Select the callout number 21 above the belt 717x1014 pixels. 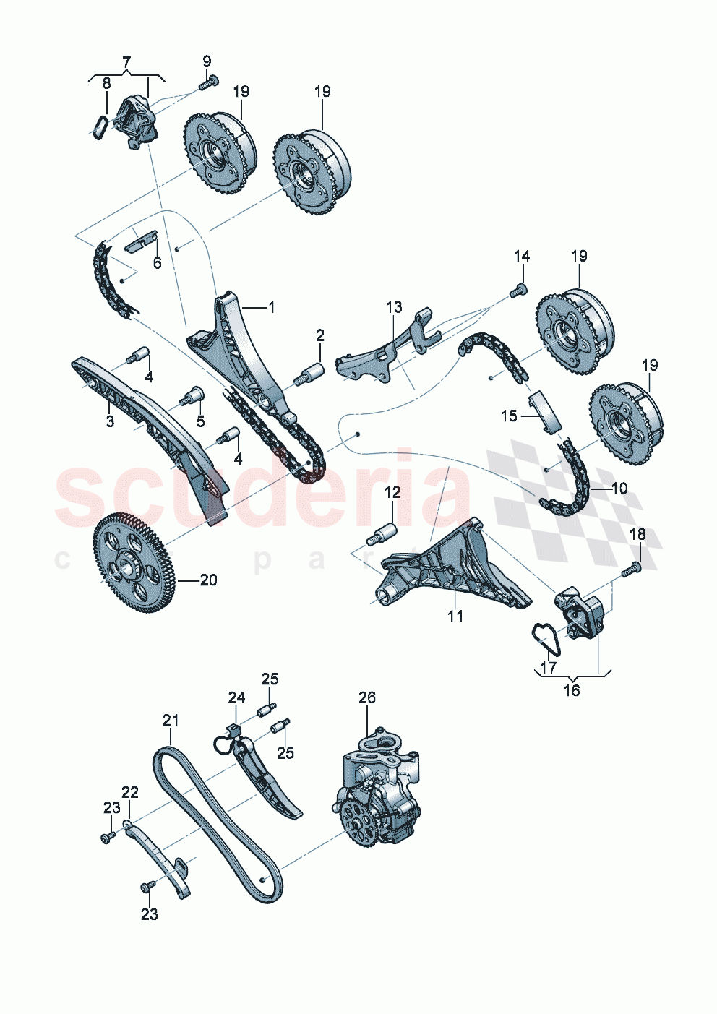point(171,721)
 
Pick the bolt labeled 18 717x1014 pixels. point(632,570)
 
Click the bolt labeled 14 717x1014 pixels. point(518,291)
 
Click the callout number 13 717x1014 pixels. point(394,307)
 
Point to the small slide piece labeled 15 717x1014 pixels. point(544,412)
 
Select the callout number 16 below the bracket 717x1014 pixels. point(572,691)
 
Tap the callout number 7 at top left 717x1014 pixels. point(126,61)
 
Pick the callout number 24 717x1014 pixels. point(236,697)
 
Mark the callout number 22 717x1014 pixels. point(130,792)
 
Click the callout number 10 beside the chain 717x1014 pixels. point(619,489)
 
